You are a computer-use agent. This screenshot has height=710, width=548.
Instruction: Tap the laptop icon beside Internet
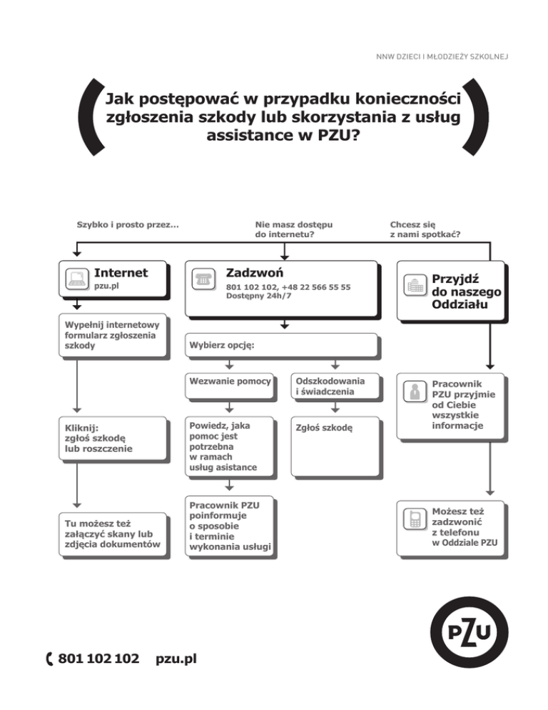click(76, 279)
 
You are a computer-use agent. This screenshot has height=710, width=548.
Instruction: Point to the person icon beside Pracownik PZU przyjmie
click(415, 391)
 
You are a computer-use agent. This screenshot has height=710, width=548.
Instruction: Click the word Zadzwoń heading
click(255, 273)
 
